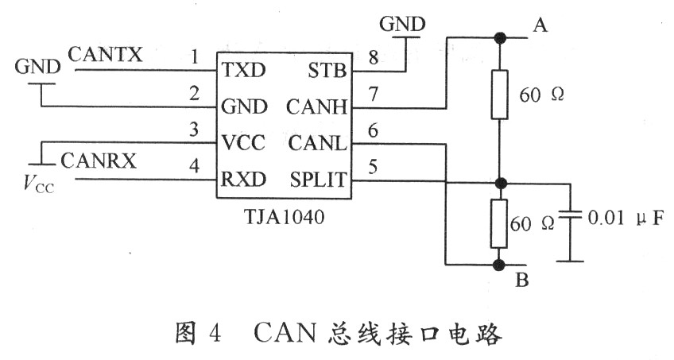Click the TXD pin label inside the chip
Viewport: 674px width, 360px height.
245,70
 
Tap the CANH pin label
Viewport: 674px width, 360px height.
318,106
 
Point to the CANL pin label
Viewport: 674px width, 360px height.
319,144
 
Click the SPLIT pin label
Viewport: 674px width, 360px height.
319,180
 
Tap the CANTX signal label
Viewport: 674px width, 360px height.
106,55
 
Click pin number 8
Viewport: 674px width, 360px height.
374,56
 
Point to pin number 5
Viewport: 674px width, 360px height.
374,167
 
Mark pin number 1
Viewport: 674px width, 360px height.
195,56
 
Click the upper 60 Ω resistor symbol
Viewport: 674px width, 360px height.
499,94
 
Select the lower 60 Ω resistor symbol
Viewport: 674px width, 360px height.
499,223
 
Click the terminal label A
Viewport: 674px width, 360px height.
540,27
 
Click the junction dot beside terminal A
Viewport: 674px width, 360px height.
500,37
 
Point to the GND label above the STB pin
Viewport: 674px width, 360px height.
402,24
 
